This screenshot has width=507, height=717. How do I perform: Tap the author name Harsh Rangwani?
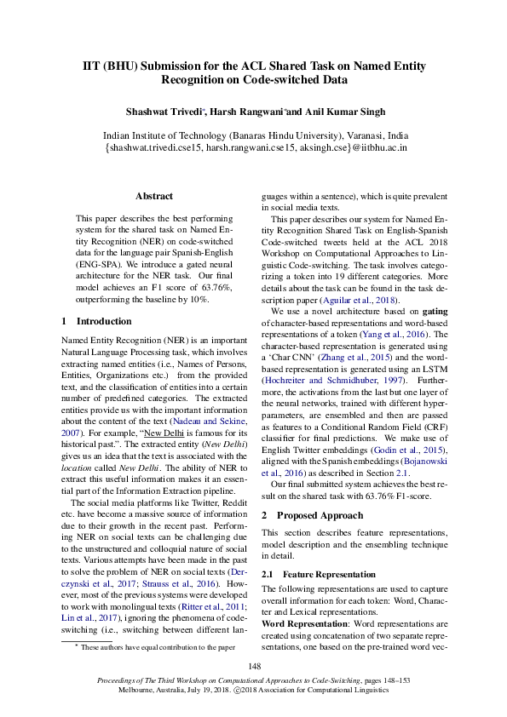248,112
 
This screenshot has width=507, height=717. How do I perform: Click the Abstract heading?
154,196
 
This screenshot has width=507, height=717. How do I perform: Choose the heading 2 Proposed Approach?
312,515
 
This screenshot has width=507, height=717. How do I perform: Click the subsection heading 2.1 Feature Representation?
318,575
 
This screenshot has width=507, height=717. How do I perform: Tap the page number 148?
254,666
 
